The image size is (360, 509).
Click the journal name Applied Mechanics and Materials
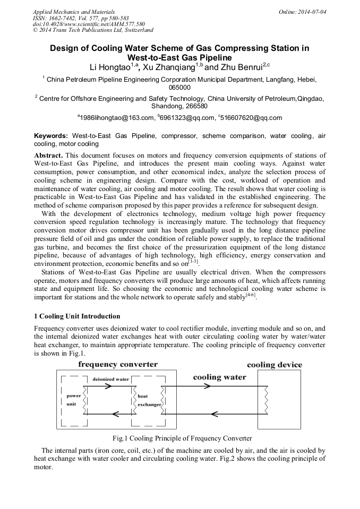point(73,11)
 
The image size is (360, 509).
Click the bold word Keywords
point(51,136)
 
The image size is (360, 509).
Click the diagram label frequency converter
point(118,365)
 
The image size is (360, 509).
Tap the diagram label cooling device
point(275,365)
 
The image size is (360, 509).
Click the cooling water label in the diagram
point(219,377)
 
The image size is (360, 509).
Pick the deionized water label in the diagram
point(111,380)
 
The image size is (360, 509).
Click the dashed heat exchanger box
point(149,400)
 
